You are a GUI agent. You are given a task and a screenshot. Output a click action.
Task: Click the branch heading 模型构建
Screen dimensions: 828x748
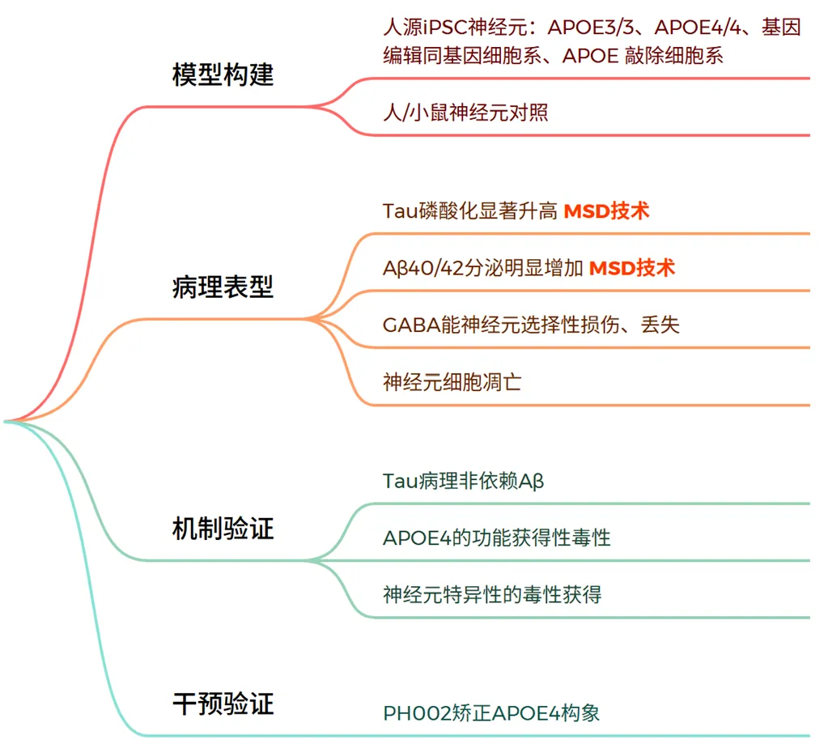[x=223, y=74]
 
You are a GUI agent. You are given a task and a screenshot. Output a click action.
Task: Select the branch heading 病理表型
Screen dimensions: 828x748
[x=223, y=287]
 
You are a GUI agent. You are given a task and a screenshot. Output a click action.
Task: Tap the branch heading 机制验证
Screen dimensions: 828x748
[x=223, y=529]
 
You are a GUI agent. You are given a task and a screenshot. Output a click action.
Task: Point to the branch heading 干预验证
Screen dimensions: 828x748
[x=223, y=704]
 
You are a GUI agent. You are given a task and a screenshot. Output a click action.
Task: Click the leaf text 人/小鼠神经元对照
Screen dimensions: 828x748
[x=465, y=113]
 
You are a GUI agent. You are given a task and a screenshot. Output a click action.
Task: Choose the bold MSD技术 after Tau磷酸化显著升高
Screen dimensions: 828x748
[x=606, y=211]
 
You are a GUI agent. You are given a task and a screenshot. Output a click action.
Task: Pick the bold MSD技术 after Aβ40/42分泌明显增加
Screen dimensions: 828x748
[x=631, y=268]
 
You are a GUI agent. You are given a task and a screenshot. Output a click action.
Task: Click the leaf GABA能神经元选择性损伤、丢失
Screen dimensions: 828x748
[x=531, y=325]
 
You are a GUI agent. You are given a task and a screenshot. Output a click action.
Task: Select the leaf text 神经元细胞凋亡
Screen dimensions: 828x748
[x=452, y=382]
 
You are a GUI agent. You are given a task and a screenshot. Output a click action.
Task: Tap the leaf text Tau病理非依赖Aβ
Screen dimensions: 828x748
[x=463, y=481]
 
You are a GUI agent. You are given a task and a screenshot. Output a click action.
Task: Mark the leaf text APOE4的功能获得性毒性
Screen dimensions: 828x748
[x=496, y=538]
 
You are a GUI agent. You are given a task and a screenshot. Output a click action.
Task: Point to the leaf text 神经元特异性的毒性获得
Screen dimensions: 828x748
[x=492, y=595]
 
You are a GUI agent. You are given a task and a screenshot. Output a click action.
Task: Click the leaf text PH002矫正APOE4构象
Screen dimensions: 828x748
[x=491, y=713]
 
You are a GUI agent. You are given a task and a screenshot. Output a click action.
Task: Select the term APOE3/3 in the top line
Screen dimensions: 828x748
[x=590, y=28]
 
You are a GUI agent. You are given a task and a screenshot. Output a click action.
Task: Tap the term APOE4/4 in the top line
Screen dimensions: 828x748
[x=698, y=28]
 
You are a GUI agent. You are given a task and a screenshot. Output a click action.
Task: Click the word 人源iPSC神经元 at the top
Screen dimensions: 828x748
[x=455, y=28]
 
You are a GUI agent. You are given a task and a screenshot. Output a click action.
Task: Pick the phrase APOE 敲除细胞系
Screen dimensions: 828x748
[x=643, y=56]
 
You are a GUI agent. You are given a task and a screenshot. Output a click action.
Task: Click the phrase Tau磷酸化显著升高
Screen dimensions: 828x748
[x=470, y=211]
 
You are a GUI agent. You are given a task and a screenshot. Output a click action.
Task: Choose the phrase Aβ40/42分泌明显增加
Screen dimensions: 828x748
[x=482, y=268]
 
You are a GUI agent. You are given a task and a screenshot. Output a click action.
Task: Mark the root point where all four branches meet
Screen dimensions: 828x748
[x=6, y=422]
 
